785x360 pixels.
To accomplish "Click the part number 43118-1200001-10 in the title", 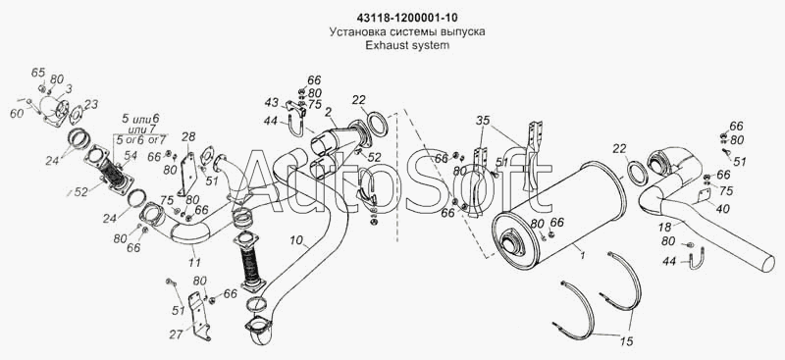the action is [x=407, y=18].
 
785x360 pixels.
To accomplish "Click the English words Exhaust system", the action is [x=407, y=45].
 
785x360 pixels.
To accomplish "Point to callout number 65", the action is [x=38, y=73].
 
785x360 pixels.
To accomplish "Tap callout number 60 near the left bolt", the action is [x=17, y=113].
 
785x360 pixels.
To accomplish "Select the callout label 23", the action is [x=91, y=104].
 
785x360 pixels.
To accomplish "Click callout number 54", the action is [x=131, y=156].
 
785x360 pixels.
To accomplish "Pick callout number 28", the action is [x=188, y=136].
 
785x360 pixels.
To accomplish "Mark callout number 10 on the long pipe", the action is [x=295, y=241].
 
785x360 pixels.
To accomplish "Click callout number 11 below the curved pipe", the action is [x=194, y=262].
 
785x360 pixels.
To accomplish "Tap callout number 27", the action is [x=176, y=334].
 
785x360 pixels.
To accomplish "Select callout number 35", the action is [x=482, y=121].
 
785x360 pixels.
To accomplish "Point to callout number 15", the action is [x=626, y=342].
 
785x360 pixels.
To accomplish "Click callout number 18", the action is [x=665, y=227].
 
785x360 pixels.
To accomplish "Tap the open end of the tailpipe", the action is [x=767, y=262].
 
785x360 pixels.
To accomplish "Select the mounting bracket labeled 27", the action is [x=201, y=315].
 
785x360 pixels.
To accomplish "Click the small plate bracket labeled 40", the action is [x=704, y=197].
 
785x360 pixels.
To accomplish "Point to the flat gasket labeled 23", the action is [x=77, y=114].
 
